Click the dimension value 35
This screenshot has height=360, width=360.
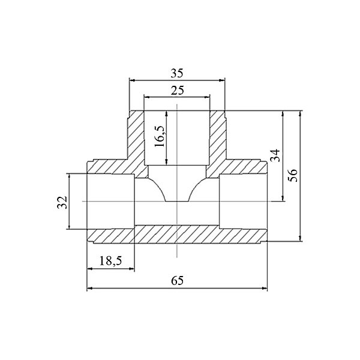coord(177,73)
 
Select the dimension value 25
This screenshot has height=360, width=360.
coord(177,91)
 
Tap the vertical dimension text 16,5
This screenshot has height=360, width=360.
coord(160,137)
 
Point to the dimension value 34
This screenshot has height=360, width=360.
coord(276,155)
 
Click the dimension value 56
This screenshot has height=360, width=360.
coord(293,175)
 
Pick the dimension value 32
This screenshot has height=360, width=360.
coord(62,202)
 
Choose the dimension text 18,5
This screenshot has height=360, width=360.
coord(110,261)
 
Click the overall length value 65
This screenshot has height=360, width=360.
coord(177,280)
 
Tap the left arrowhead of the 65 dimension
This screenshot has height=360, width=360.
coord(90,288)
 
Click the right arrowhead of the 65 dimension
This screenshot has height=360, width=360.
coord(265,288)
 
